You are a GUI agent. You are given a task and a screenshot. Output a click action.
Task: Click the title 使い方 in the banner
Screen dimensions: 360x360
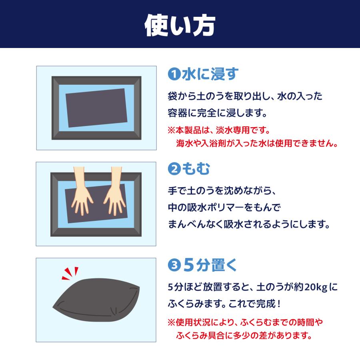point(180,25)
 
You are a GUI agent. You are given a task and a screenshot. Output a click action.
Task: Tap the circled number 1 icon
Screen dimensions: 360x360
point(173,75)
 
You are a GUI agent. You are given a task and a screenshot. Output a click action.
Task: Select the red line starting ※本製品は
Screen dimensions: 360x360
point(219,130)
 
